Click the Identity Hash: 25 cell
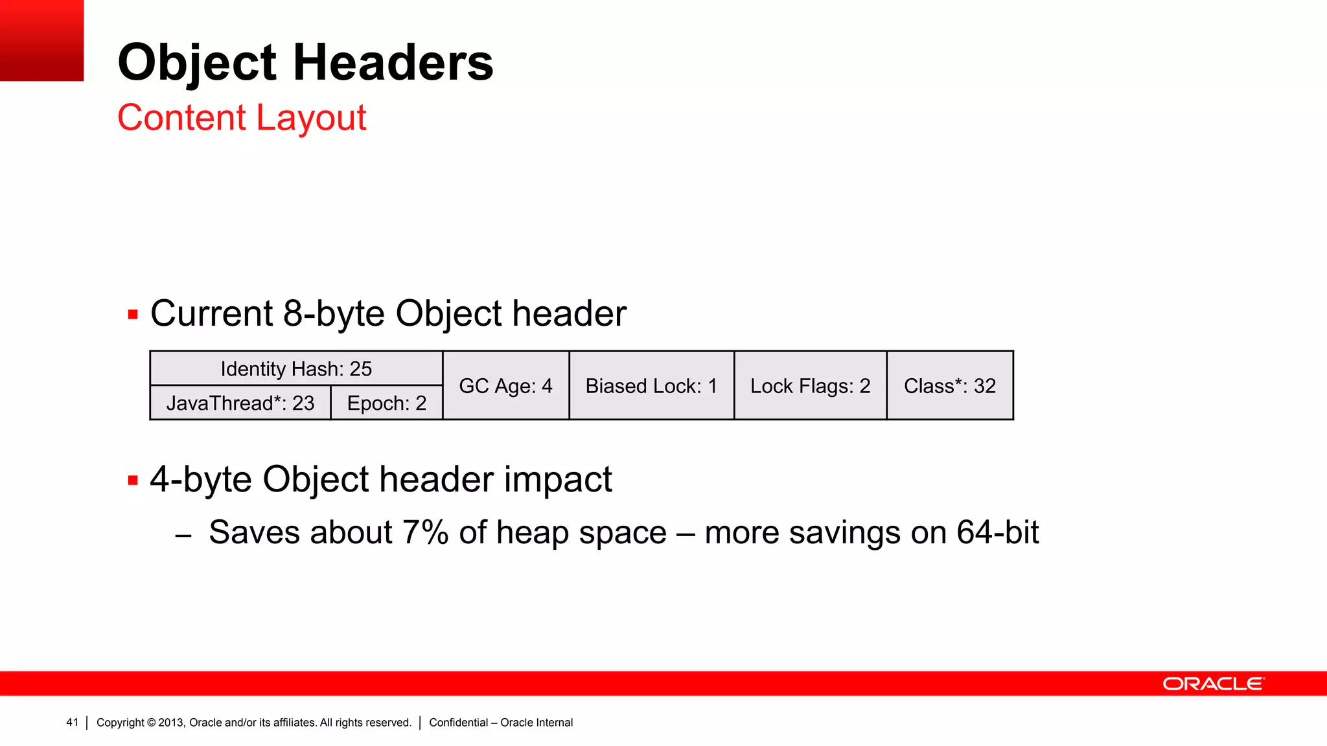click(x=296, y=368)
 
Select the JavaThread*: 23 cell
click(x=240, y=403)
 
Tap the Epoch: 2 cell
click(x=387, y=403)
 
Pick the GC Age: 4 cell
click(x=505, y=386)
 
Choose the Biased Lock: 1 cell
click(x=651, y=386)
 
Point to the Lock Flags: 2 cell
click(x=810, y=386)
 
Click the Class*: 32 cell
click(x=950, y=386)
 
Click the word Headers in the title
click(x=393, y=63)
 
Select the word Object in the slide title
click(x=197, y=63)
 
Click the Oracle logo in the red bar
click(x=1213, y=684)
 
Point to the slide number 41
click(x=72, y=722)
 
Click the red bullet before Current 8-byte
click(x=133, y=315)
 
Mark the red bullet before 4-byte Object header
click(x=133, y=480)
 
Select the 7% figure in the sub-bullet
click(x=425, y=532)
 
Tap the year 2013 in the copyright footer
click(x=171, y=722)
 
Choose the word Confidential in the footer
click(x=458, y=722)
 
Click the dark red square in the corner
click(x=41, y=40)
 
